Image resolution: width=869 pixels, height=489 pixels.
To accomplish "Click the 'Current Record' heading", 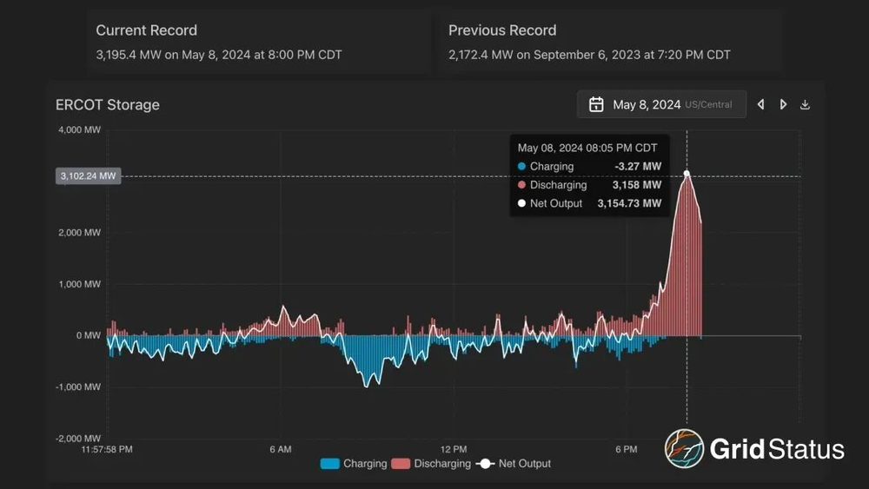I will pos(146,30).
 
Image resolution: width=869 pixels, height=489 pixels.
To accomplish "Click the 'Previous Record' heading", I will pos(501,30).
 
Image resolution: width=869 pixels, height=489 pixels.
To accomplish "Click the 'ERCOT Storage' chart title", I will pos(107,105).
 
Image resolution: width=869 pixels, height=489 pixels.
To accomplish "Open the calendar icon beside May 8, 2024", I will pos(596,105).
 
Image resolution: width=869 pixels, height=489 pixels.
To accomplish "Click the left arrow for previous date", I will pos(761,105).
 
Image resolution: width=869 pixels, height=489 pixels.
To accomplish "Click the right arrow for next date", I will pos(783,105).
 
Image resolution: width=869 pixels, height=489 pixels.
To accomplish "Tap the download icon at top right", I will pos(805,105).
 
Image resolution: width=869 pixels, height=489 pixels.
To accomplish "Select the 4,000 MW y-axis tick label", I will pos(78,130).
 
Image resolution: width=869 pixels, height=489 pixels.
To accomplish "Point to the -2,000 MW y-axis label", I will pos(77,439).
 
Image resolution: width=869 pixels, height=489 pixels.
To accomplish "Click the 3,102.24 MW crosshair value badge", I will pos(88,176).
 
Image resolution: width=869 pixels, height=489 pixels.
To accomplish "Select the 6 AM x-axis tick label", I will pos(281,450).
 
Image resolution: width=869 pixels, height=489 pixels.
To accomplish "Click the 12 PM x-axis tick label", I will pos(454,450).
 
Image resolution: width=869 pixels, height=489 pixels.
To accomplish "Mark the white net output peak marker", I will pos(687,174).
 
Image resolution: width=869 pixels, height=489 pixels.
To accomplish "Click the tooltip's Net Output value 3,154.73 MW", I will pos(629,203).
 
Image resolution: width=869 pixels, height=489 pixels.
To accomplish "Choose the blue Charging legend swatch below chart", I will pos(330,464).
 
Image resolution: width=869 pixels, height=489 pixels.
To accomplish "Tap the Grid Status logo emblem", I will pos(684,449).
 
